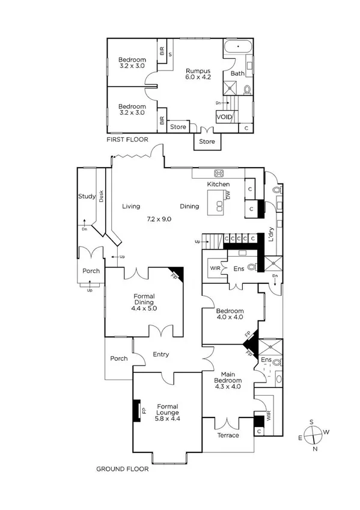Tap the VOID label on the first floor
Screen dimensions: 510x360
tap(224, 117)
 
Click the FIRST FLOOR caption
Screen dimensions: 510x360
tap(127, 140)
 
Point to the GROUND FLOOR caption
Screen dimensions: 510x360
tap(123, 469)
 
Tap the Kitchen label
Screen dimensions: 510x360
tap(219, 184)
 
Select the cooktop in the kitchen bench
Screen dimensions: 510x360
tap(219, 173)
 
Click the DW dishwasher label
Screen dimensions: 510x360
tap(228, 195)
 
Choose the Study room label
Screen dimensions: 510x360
tap(87, 196)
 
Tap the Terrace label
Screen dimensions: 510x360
tap(228, 435)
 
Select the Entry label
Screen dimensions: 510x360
tap(160, 354)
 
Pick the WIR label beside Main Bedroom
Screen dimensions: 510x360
tap(268, 414)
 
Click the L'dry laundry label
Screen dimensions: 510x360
tap(272, 234)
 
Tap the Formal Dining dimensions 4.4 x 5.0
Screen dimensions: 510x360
tap(144, 308)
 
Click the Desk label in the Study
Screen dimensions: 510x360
tap(101, 196)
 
